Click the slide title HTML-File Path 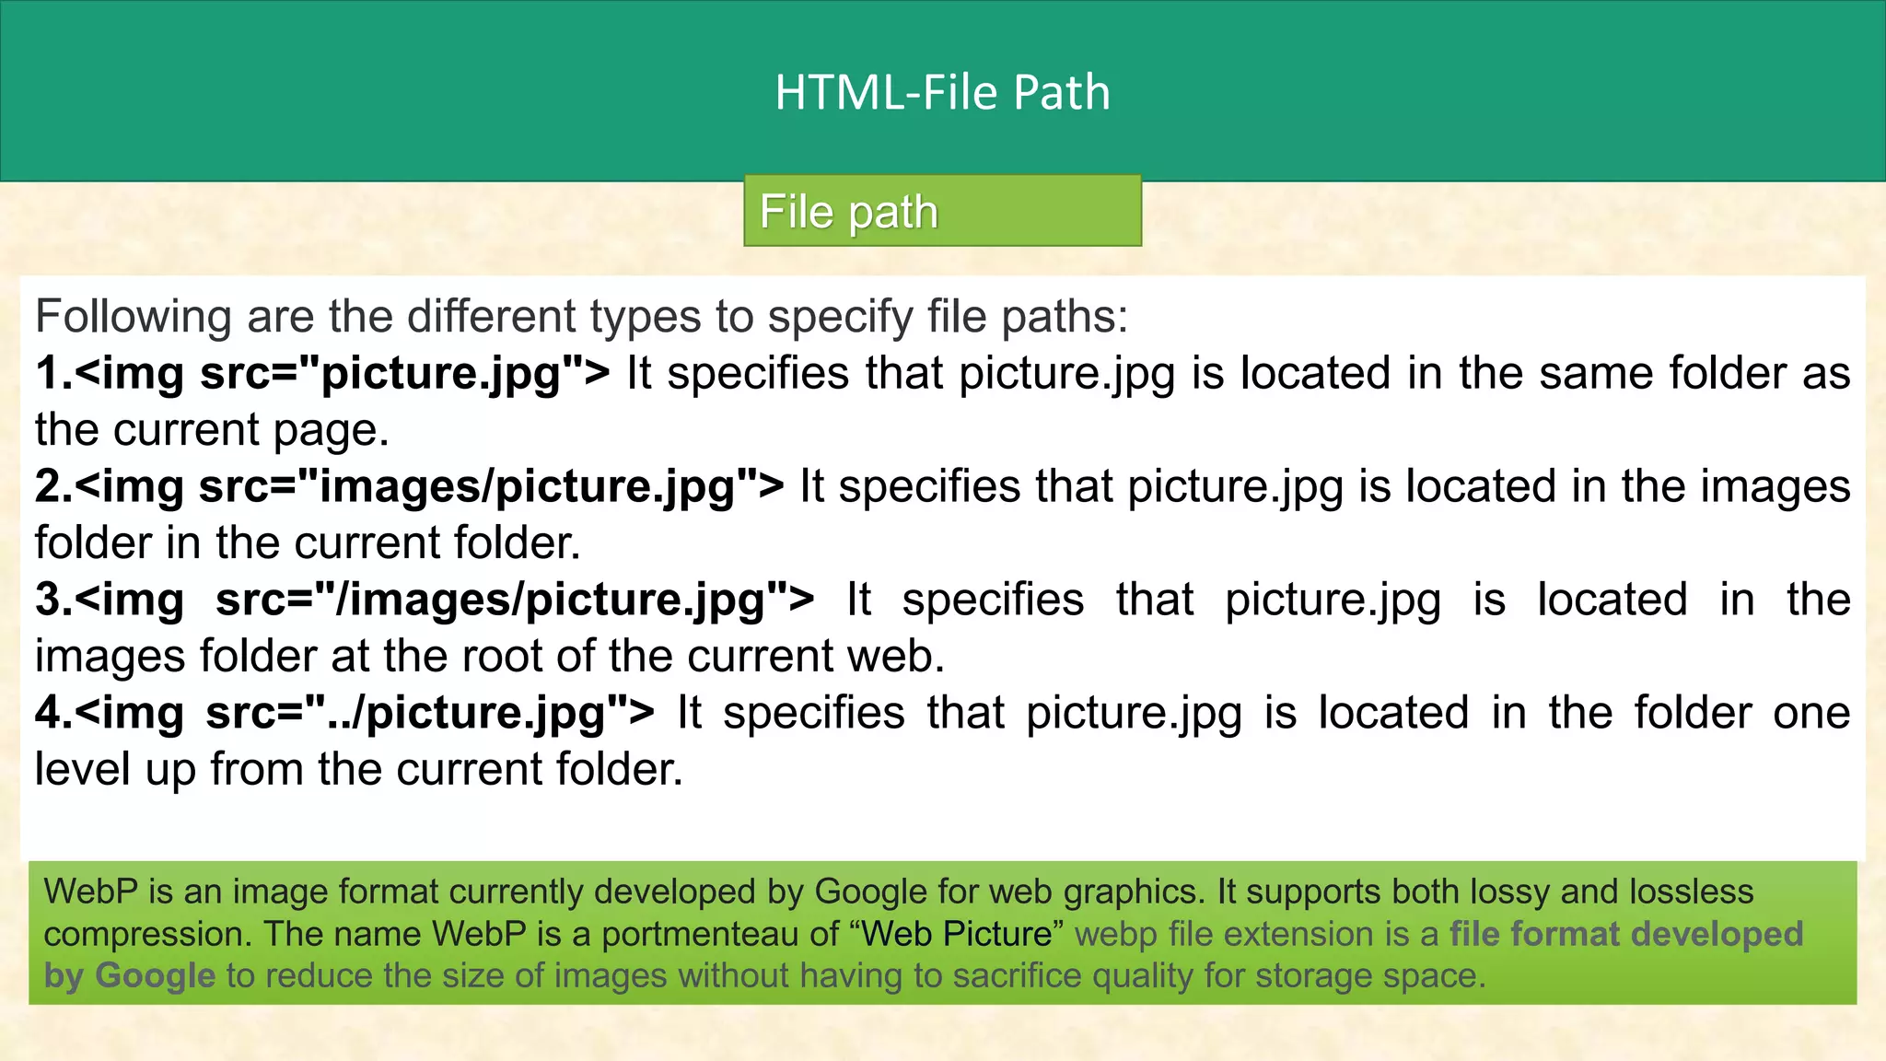942,93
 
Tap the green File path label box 942,211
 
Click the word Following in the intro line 134,317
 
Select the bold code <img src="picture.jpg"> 342,374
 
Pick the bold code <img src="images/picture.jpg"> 429,487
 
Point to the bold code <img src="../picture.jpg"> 365,714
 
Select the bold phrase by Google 129,975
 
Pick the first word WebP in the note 90,892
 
